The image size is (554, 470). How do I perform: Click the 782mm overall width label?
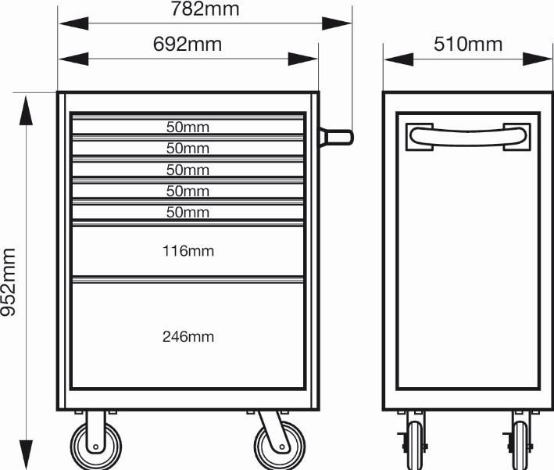205,9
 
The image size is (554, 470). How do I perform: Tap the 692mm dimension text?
188,45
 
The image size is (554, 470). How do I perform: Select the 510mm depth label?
468,45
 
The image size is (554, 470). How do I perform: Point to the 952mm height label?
9,282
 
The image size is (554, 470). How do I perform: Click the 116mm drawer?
188,251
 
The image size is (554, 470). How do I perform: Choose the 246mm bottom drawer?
188,335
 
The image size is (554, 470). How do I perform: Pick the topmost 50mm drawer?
188,127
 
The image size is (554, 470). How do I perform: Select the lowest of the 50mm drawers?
188,212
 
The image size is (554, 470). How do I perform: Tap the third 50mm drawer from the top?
188,170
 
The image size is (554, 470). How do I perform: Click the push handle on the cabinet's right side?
336,137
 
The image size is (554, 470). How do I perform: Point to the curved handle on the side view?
468,137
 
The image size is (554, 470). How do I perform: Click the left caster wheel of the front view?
96,446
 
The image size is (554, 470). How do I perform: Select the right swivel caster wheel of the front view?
280,446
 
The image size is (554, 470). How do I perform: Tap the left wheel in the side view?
414,445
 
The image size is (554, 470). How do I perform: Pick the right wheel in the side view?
520,445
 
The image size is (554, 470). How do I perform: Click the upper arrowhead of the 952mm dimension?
26,110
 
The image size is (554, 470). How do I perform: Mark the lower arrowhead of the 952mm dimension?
26,455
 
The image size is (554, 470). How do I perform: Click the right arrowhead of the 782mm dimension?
337,23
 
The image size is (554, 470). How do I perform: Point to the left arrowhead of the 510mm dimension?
399,59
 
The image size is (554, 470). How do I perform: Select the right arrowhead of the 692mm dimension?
303,59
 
